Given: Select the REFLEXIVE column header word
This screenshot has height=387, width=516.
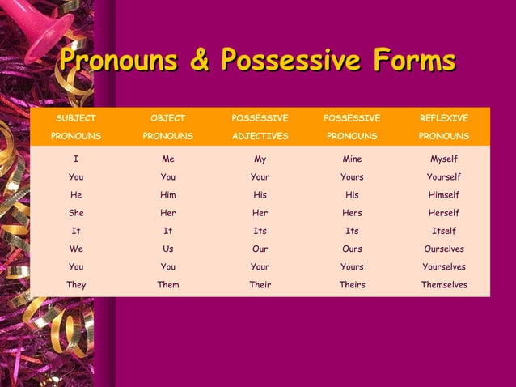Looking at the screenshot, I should [x=443, y=118].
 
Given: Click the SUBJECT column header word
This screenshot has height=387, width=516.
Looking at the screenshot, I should [x=76, y=118].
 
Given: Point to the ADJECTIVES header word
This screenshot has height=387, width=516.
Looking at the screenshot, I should [x=260, y=136].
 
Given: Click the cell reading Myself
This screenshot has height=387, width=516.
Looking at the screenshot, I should [x=443, y=159].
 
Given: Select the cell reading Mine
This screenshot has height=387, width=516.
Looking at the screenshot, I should [x=352, y=159].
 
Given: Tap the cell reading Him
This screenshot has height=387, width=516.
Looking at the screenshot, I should [x=168, y=195].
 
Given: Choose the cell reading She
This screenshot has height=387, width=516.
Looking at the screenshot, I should [x=76, y=213].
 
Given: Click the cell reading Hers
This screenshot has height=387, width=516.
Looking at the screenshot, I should [x=352, y=213].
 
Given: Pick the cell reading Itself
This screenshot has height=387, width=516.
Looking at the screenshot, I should [x=443, y=231].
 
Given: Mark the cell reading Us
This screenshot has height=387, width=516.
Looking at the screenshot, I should [x=168, y=249].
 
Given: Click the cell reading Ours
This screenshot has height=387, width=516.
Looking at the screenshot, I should [x=352, y=249].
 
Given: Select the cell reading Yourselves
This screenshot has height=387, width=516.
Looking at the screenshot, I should [x=443, y=267].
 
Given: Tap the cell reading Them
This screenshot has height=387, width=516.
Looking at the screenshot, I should [x=168, y=285].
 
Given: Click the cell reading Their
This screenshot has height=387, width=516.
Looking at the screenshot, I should [x=260, y=285].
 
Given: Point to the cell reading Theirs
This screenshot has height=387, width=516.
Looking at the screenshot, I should [x=352, y=285].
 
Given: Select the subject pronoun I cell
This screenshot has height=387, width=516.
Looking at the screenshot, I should [x=76, y=159].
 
